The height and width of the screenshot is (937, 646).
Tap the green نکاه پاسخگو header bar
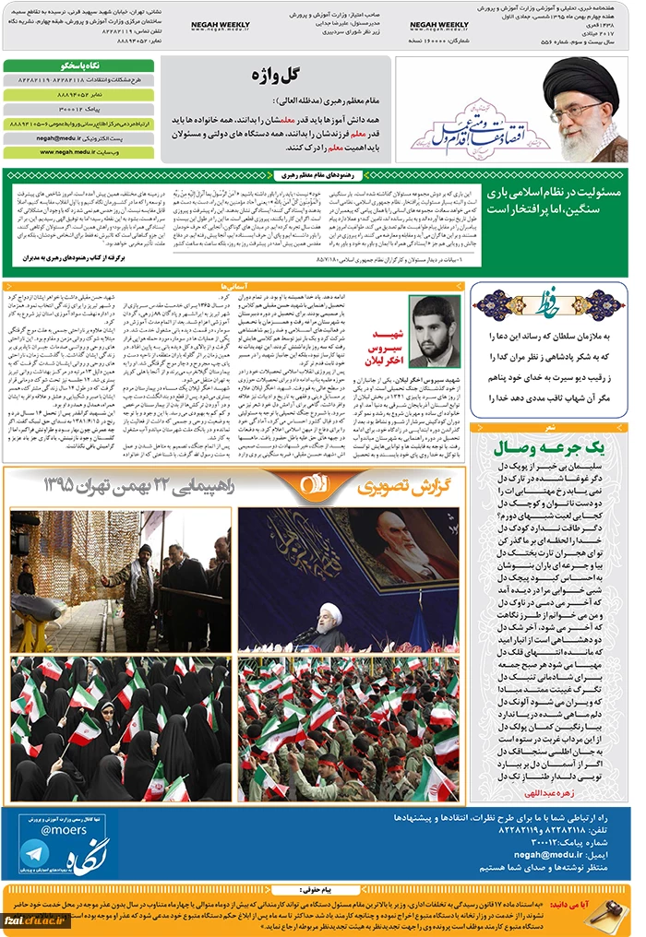[x=78, y=66]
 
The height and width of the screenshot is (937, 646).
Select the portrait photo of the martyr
[x=433, y=331]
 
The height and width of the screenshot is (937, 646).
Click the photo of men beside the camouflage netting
[x=121, y=581]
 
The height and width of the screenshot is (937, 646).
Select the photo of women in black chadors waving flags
[x=121, y=728]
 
